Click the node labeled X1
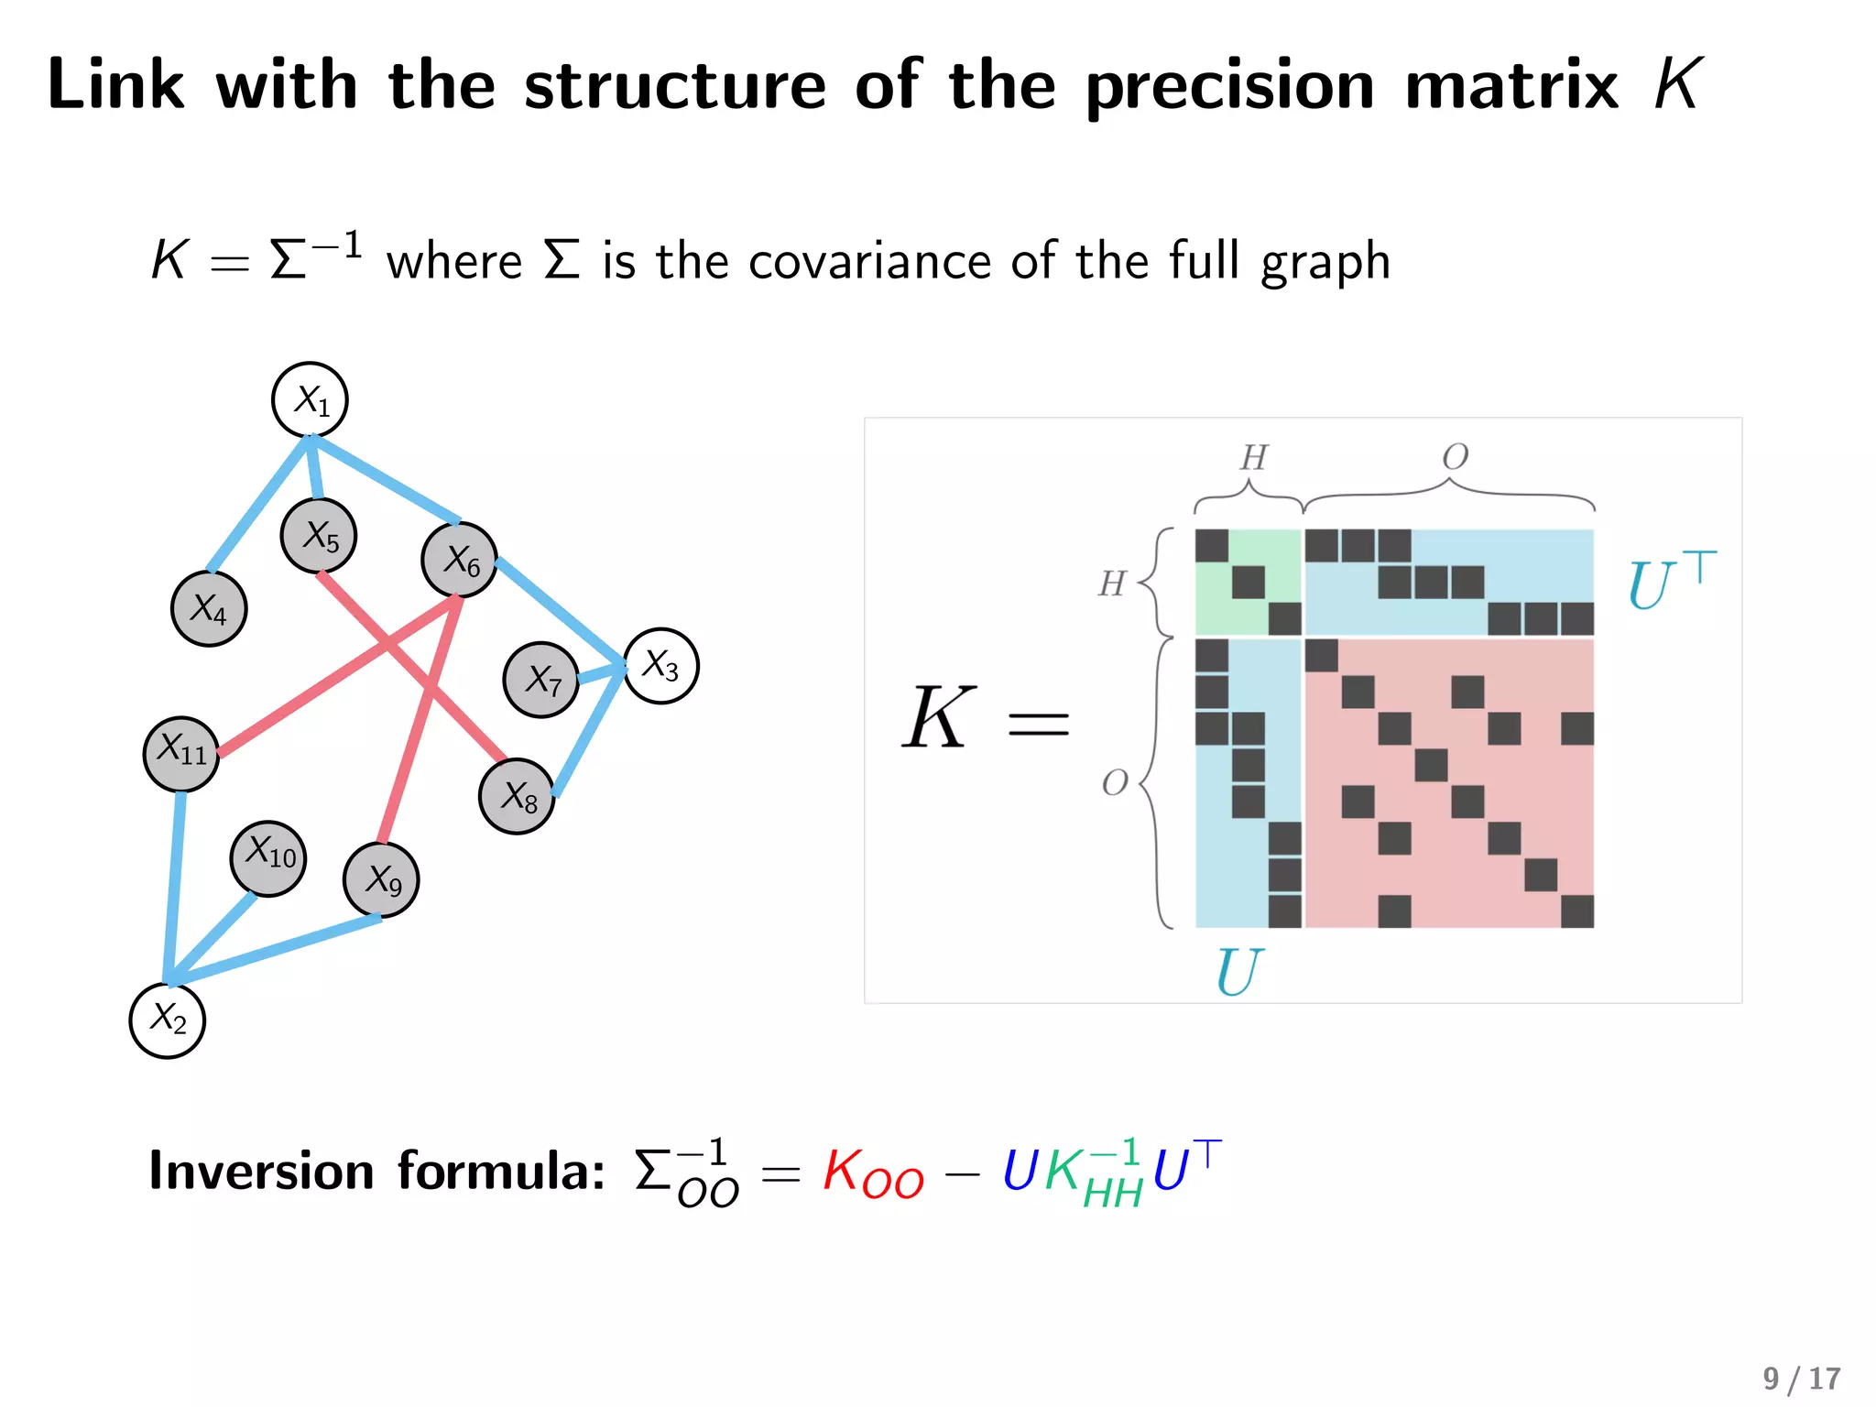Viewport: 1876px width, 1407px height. [x=310, y=400]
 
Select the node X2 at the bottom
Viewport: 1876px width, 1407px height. [x=168, y=1020]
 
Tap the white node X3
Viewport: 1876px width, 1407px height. [x=660, y=666]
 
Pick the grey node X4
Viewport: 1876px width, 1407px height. [x=209, y=609]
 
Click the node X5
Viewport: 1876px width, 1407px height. [x=319, y=536]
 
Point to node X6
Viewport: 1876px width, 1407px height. [x=460, y=560]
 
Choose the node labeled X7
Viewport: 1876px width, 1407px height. [x=541, y=680]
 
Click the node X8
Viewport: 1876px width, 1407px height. [x=518, y=796]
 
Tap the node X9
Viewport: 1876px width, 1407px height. [x=381, y=880]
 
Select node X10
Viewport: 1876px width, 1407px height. [x=268, y=858]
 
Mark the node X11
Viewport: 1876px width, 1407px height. [x=181, y=754]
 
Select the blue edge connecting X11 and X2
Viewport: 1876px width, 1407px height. [x=174, y=889]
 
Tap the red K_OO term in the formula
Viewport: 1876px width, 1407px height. [x=873, y=1173]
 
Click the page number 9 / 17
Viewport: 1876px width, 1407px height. [x=1801, y=1379]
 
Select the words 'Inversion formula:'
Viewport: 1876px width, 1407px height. [x=376, y=1172]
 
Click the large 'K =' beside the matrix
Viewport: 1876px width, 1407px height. [x=985, y=719]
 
